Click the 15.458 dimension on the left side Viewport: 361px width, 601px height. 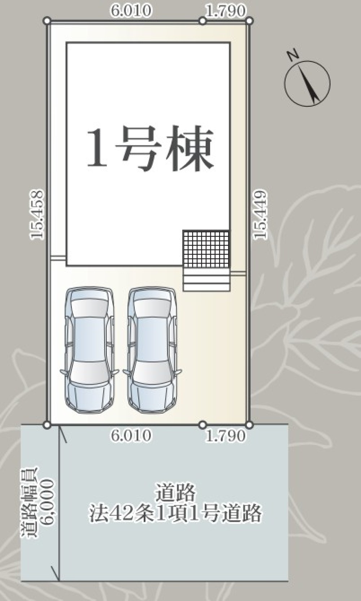37,214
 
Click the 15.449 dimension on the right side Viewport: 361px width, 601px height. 261,214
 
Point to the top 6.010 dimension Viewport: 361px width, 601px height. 131,11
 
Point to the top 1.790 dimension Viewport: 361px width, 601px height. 225,11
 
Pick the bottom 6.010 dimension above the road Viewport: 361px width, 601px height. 131,436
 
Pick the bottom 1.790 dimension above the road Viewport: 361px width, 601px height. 225,436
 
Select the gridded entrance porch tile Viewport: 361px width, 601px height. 206,249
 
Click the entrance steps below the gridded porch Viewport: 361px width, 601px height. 206,279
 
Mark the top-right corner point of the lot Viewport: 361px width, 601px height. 249,21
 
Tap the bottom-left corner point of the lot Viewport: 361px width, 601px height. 47,425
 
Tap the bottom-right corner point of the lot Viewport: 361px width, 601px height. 249,425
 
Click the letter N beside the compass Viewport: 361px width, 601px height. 292,56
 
